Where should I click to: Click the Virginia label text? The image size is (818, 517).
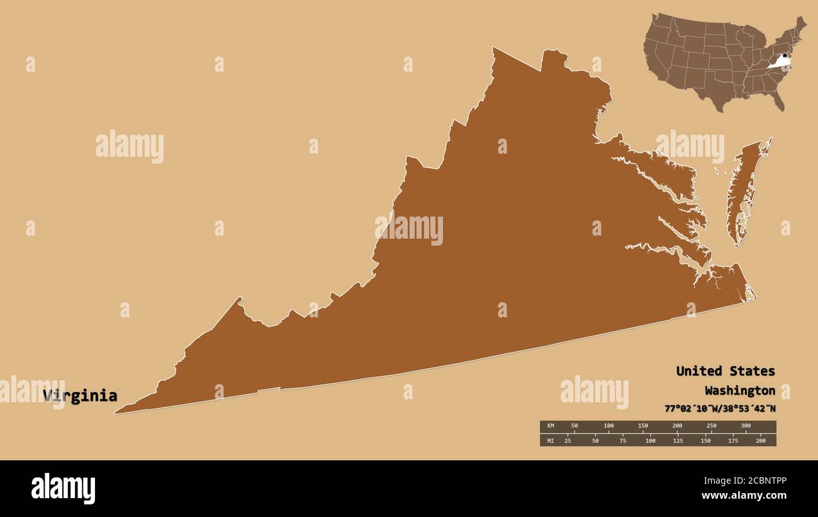coord(80,395)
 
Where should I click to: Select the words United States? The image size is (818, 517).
coord(725,371)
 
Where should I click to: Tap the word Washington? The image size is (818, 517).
coord(739,390)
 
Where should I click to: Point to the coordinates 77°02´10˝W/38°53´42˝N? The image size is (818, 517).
coord(720,408)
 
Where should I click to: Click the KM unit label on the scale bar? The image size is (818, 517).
coord(550,426)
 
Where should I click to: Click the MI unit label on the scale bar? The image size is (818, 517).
coord(550,440)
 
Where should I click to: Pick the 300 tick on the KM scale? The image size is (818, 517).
coord(745,426)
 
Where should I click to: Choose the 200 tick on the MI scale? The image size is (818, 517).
coord(760,440)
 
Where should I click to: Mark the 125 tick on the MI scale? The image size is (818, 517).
coord(677,440)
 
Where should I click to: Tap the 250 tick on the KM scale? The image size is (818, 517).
coord(711,426)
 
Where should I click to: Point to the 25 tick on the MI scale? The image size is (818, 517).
coord(568,440)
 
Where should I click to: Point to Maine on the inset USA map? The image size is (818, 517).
coord(800,25)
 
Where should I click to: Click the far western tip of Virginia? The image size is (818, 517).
coord(117,412)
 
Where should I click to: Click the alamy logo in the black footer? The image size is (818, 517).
coord(63,489)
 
